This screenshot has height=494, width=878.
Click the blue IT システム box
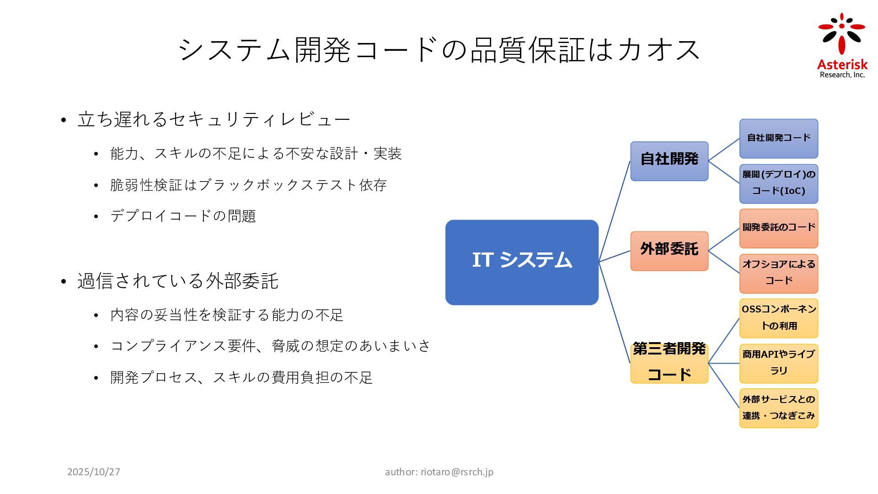tap(522, 262)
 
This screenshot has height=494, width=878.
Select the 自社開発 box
tap(669, 161)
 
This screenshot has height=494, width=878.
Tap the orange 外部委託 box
tap(669, 251)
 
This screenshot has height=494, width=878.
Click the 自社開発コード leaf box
tap(778, 138)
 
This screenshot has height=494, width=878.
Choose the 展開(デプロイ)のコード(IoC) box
tap(778, 183)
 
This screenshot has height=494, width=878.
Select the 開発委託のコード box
tap(778, 228)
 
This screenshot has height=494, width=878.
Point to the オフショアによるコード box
tap(778, 274)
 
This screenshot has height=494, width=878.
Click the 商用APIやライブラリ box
tap(778, 363)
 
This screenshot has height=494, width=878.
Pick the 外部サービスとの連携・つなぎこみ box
tap(778, 408)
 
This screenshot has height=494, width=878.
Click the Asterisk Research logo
tap(842, 46)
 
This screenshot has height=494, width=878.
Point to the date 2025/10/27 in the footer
tap(94, 472)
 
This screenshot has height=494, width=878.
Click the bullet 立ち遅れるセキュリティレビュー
tap(214, 119)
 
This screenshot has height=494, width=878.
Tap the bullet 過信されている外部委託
tap(177, 281)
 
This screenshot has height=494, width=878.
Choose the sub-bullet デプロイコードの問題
tap(183, 216)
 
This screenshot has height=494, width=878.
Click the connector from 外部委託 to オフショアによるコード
tap(723, 262)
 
